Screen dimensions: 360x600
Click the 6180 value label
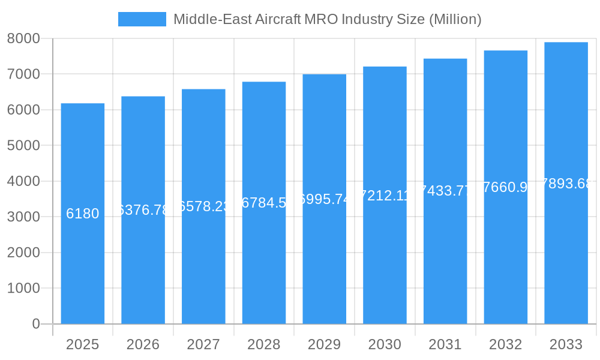click(83, 214)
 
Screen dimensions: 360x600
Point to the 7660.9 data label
click(506, 187)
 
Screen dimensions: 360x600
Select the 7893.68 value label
click(566, 184)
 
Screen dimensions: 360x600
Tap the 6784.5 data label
click(264, 203)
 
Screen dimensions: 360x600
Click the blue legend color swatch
click(142, 19)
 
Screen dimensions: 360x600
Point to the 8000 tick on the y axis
click(23, 38)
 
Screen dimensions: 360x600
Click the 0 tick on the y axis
click(35, 324)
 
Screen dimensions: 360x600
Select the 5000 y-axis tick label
click(23, 146)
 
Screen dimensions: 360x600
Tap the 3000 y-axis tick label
click(23, 217)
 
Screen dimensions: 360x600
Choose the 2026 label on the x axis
click(143, 344)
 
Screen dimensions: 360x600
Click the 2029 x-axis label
click(324, 344)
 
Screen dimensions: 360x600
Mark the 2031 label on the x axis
click(445, 344)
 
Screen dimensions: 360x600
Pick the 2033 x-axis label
click(566, 344)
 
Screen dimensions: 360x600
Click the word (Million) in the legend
click(455, 19)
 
